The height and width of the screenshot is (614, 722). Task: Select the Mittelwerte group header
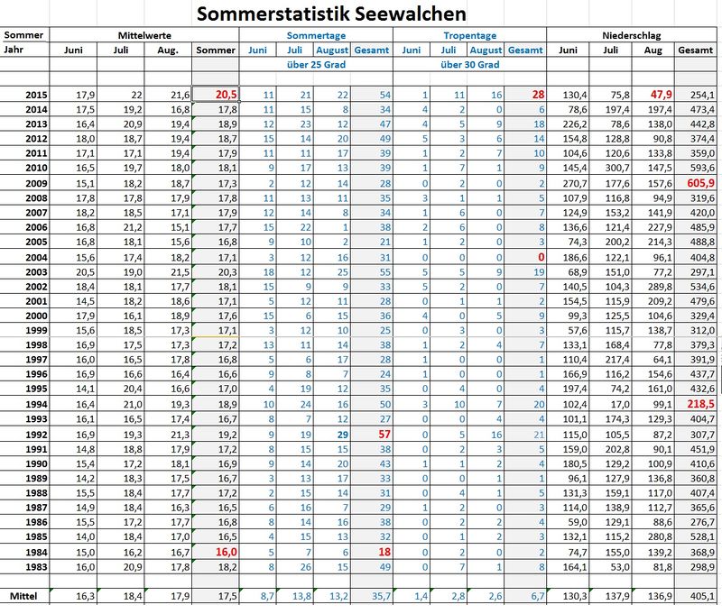pyautogui.click(x=143, y=34)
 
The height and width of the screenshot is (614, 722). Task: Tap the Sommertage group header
pyautogui.click(x=316, y=34)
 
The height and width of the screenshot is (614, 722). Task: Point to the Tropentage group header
pyautogui.click(x=469, y=34)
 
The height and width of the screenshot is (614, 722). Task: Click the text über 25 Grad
pyautogui.click(x=316, y=65)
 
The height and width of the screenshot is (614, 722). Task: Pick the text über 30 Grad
pyautogui.click(x=469, y=65)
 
